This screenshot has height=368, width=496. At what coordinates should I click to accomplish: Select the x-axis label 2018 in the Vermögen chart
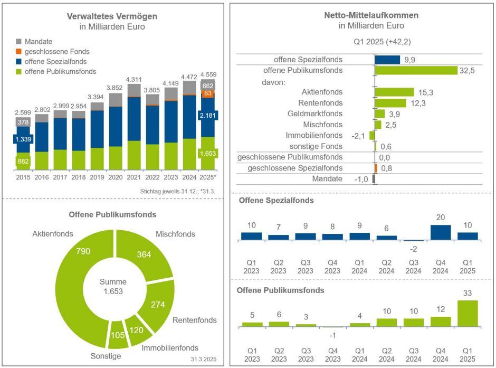point(78,177)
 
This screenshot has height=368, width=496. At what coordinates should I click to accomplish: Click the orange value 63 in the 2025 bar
point(207,93)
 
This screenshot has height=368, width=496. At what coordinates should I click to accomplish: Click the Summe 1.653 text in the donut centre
point(113,286)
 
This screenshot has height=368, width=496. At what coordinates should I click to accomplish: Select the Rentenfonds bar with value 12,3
point(390,103)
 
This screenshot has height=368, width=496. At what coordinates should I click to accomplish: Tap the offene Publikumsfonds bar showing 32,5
point(416,70)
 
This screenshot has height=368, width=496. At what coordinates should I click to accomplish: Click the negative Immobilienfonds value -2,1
point(358,136)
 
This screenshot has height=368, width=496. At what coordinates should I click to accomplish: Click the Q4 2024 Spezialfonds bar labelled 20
point(441,232)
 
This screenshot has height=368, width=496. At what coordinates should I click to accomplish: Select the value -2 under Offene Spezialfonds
point(414,249)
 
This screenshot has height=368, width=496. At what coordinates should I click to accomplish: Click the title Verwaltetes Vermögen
point(112,16)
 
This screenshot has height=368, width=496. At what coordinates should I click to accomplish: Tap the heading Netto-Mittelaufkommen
point(371,15)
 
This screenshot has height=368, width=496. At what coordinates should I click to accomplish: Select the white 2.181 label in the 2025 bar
point(207,115)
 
